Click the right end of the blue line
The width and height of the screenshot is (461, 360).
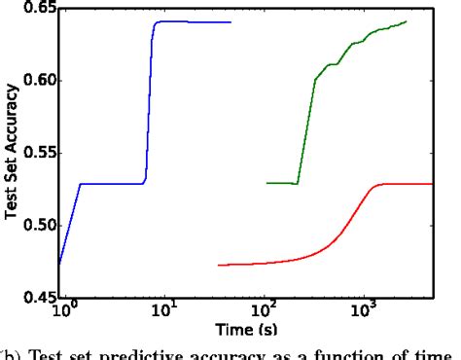(230, 22)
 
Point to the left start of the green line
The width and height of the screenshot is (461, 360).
(266, 182)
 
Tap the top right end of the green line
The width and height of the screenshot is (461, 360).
(406, 21)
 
